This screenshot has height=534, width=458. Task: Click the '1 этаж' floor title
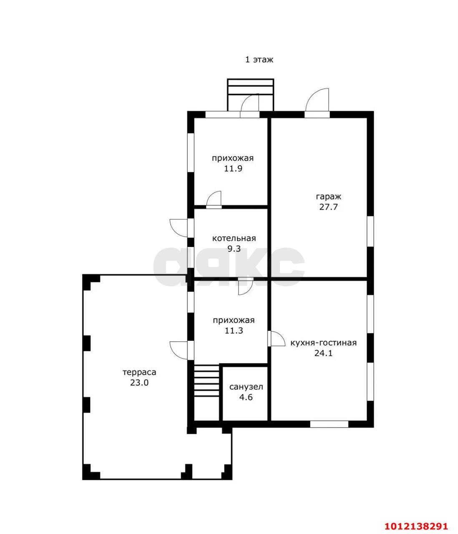259,60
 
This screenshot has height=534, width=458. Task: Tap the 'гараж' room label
328,196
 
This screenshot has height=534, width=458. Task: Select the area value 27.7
328,207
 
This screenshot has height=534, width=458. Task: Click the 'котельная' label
234,238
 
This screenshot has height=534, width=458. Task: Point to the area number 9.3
234,249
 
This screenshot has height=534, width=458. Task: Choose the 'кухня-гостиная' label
323,343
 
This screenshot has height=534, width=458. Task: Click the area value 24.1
323,353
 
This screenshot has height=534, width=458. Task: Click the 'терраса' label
139,372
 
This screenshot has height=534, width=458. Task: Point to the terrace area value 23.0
139,383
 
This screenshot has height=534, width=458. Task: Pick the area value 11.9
233,169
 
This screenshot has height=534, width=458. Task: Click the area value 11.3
234,331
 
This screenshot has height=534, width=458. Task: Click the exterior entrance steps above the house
250,95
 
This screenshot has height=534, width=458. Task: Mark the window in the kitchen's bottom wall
329,424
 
